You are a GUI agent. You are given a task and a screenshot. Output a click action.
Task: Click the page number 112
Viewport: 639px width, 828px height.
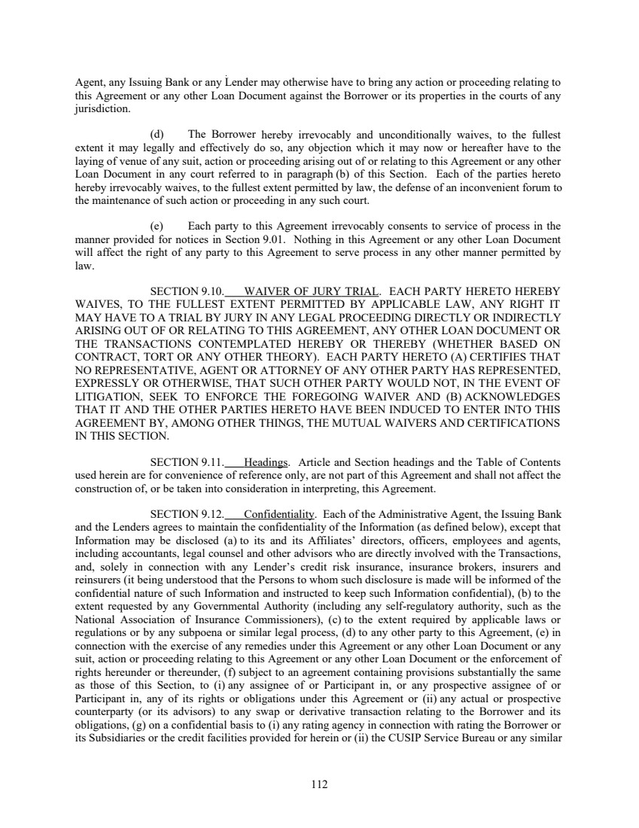319,784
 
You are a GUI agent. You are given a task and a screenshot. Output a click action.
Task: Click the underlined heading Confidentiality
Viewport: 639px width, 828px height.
278,515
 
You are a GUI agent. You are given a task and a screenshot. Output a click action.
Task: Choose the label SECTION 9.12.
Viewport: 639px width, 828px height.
187,515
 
